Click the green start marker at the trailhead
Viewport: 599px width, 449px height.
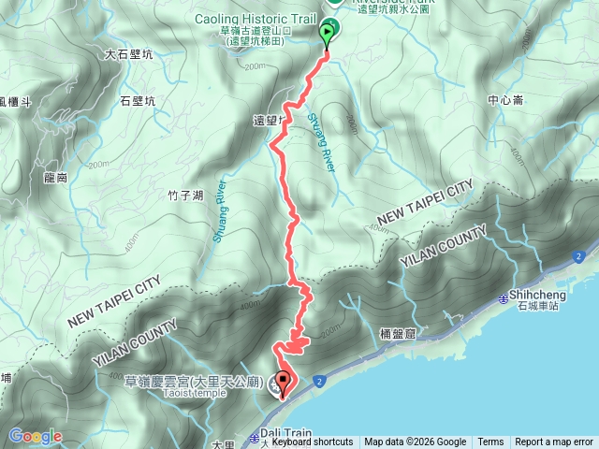coord(327,36)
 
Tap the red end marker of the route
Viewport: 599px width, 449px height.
coord(283,383)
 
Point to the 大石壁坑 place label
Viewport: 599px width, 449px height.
coord(129,54)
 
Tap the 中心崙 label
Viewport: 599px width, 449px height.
coord(506,99)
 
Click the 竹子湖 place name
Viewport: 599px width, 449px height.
coord(185,195)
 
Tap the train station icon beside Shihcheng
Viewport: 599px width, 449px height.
coord(503,297)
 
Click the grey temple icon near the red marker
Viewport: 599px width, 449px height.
coord(274,382)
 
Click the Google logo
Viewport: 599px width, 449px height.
coord(35,436)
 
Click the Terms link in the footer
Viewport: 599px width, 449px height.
coord(490,442)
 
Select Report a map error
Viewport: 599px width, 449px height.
coord(554,442)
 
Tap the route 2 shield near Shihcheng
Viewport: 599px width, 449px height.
coord(580,256)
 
